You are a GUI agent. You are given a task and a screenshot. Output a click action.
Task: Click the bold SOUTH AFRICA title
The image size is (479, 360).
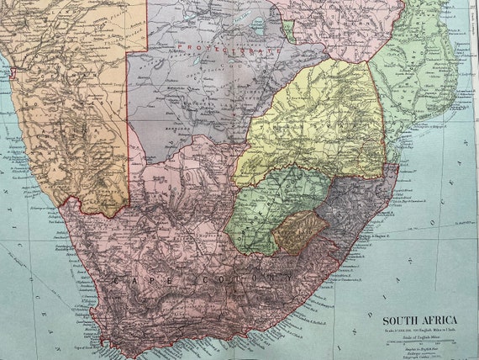pyautogui.click(x=421, y=320)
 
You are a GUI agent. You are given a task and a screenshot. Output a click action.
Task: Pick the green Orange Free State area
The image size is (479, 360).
pyautogui.click(x=269, y=206)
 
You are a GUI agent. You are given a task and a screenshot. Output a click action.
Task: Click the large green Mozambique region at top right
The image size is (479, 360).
pyautogui.click(x=412, y=67)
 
